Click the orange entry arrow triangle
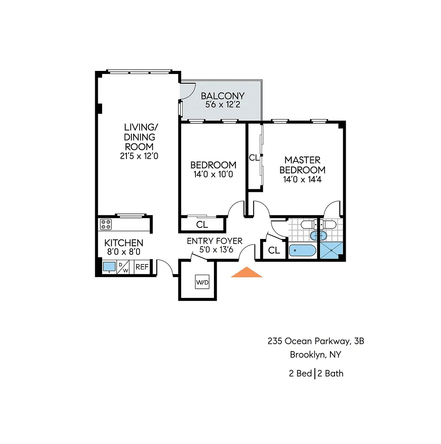tap(247, 272)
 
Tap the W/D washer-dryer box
tap(202, 282)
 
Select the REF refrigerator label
tap(142, 267)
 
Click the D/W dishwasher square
tap(123, 267)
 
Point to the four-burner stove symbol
tap(106, 225)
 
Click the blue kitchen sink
tap(109, 267)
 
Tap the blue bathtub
tap(303, 251)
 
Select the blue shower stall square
tap(332, 250)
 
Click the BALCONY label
tap(223, 96)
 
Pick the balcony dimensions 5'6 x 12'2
tap(223, 104)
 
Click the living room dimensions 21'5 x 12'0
tap(139, 156)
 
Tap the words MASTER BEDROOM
tap(302, 165)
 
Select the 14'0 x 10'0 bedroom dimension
tap(213, 174)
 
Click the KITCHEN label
tap(124, 243)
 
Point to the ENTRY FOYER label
tap(215, 241)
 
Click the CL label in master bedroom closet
tap(254, 158)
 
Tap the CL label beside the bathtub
tap(274, 250)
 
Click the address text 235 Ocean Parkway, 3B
tap(316, 341)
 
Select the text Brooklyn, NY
tap(316, 355)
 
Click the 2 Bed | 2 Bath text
tap(316, 373)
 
